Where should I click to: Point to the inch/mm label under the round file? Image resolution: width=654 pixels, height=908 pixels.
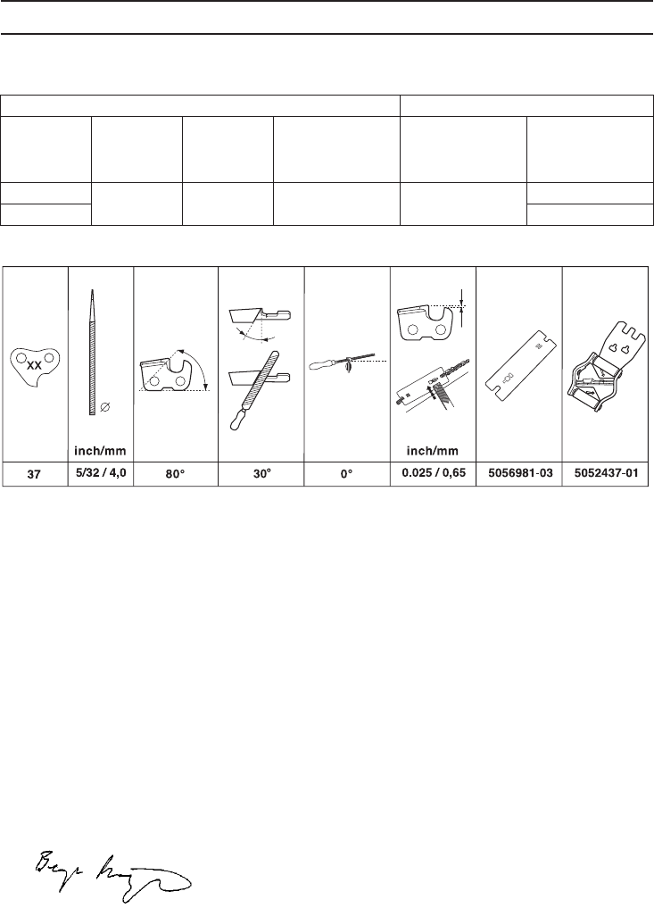100,450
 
